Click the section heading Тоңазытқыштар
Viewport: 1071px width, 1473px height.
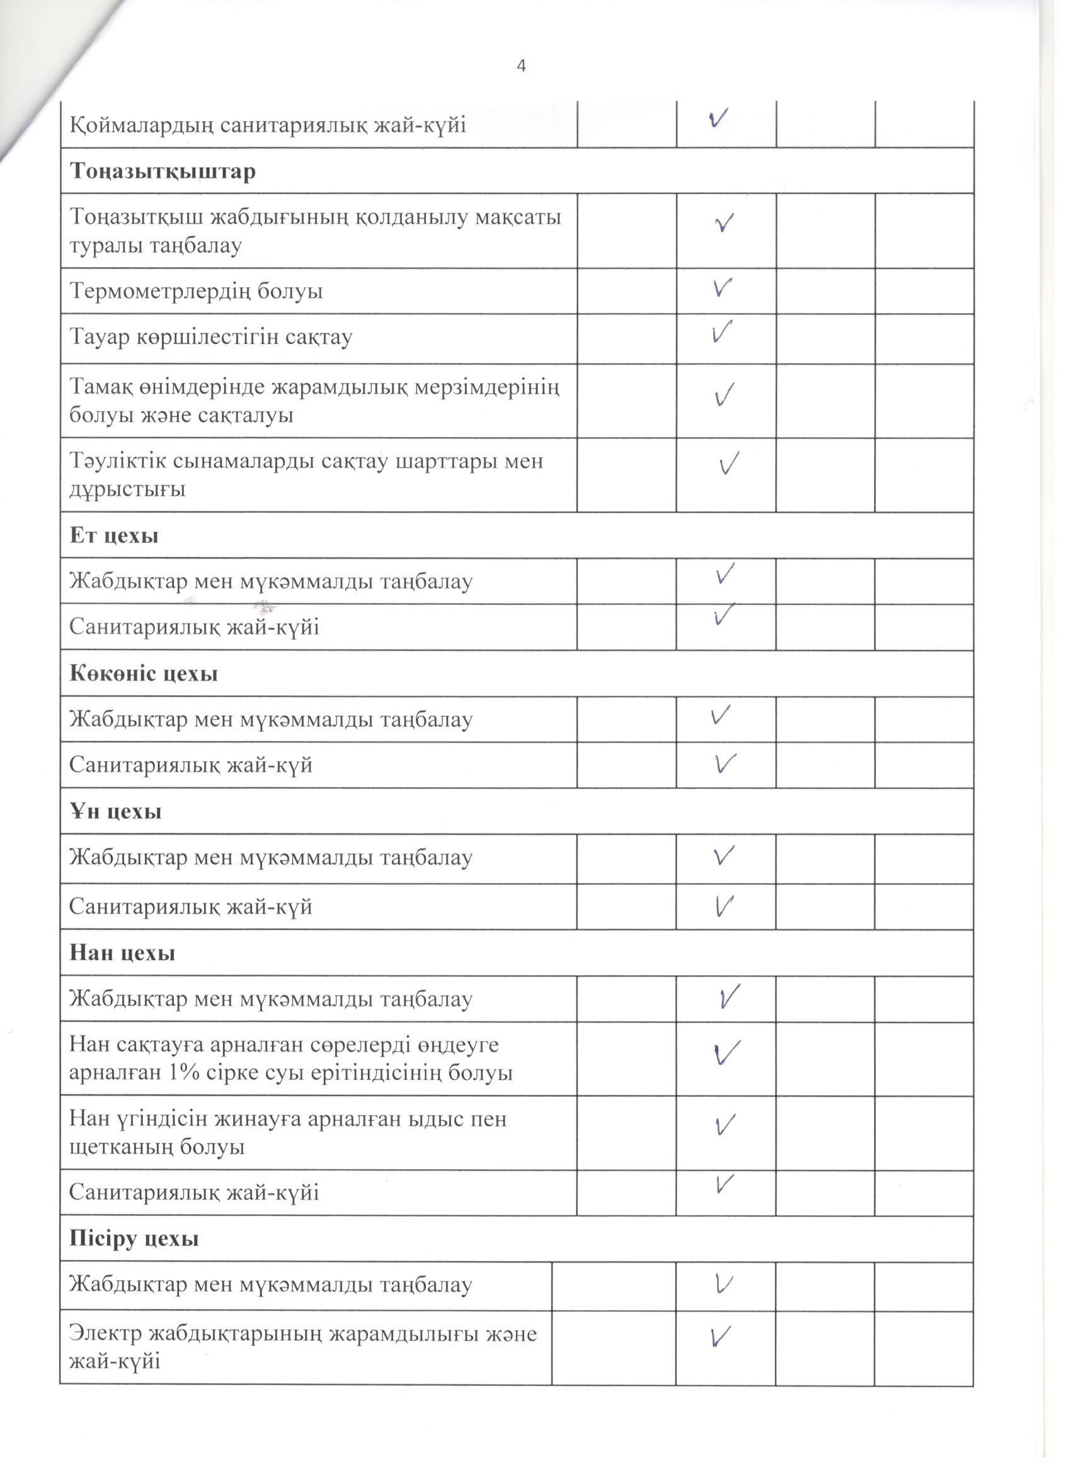pos(163,171)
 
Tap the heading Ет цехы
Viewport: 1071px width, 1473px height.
pos(114,536)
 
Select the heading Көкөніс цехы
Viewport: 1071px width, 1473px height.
pos(144,673)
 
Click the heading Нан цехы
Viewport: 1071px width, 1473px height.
pos(122,953)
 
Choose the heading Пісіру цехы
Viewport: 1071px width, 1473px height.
pos(134,1239)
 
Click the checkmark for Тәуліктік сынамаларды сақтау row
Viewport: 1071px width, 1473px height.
pos(730,464)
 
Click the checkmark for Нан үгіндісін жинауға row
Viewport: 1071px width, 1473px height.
pos(724,1123)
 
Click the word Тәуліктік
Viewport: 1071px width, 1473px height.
pos(118,462)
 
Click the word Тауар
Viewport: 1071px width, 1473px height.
pos(100,337)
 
